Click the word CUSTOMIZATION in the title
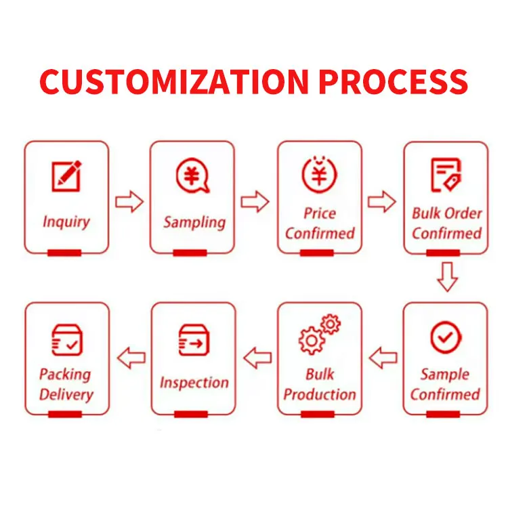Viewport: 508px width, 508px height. coord(174,82)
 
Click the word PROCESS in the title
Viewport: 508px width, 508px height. coord(393,82)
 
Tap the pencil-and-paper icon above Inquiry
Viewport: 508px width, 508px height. coord(66,175)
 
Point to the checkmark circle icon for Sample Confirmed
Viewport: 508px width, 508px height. coord(446,337)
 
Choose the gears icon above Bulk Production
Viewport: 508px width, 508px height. coord(319,335)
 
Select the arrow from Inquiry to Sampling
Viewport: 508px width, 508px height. coord(129,201)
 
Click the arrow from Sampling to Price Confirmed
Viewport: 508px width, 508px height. coord(255,201)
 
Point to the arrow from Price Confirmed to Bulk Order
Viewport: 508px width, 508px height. coord(382,201)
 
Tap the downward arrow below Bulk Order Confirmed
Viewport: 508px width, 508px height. coord(446,277)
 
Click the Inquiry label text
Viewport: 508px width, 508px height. coord(66,221)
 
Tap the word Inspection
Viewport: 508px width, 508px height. coord(194,383)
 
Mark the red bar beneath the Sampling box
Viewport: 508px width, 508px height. coord(190,253)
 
